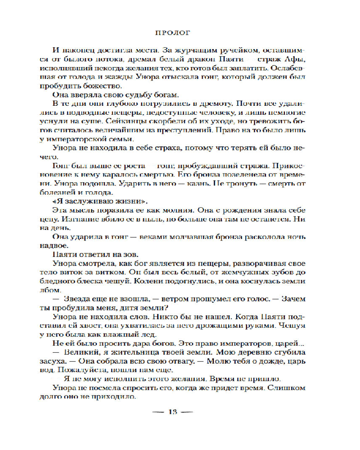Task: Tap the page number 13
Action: pos(173,411)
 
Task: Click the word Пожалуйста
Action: pos(81,370)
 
